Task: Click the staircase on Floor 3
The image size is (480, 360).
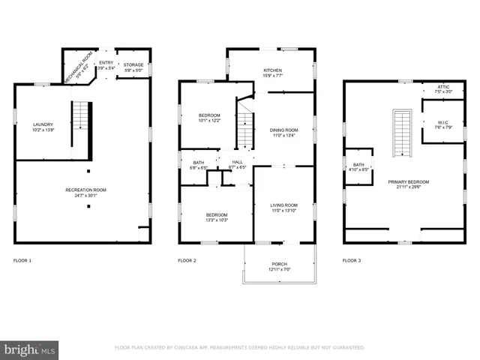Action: pyautogui.click(x=403, y=133)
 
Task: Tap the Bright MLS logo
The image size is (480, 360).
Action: pyautogui.click(x=30, y=349)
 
